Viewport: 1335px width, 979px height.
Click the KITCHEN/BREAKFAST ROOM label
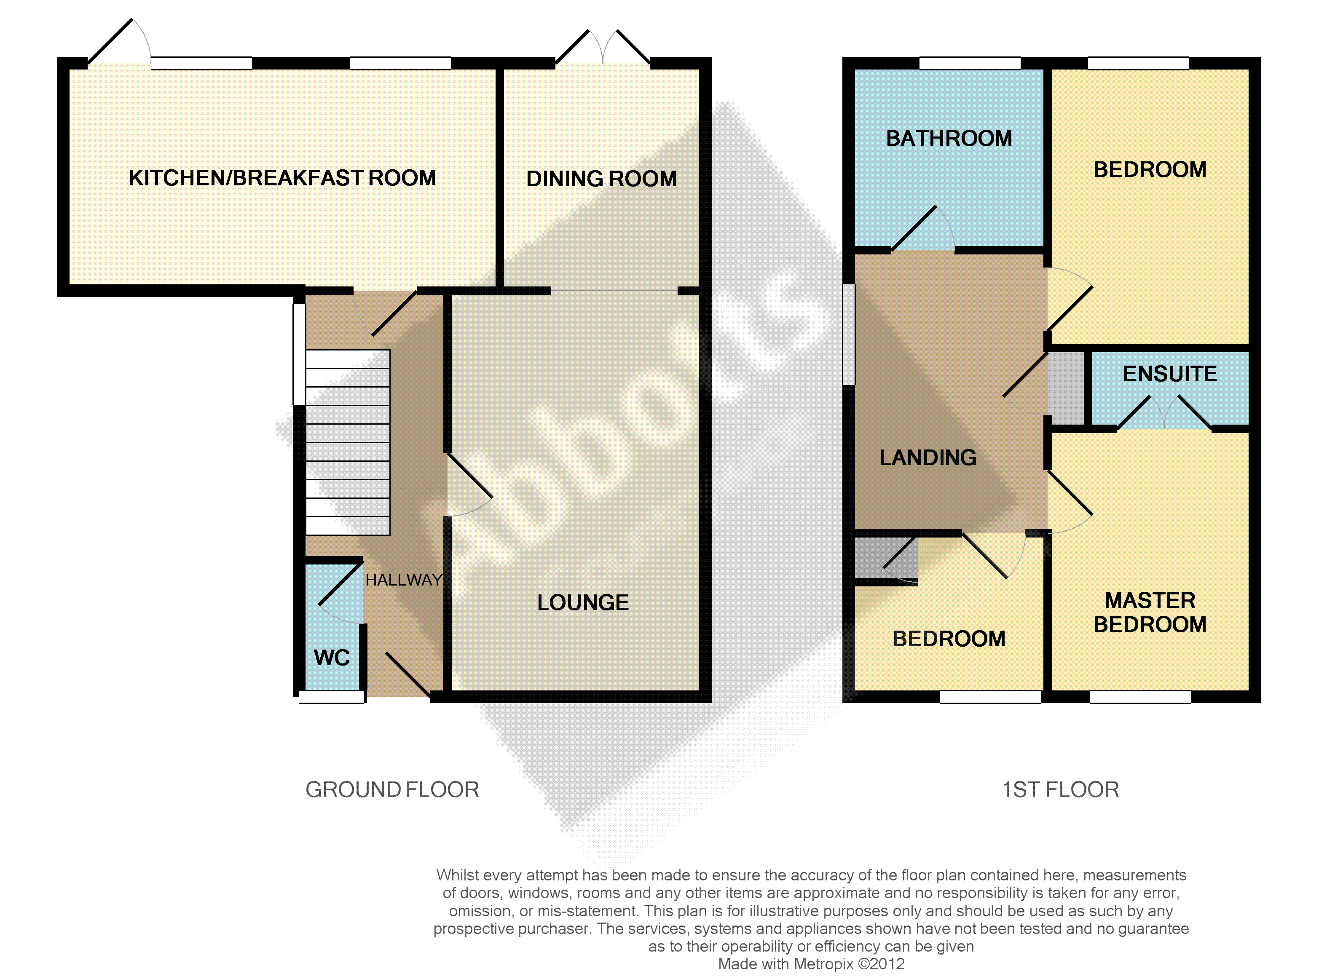282,178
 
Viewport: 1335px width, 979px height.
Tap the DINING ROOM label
601,178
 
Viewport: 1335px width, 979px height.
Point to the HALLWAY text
404,580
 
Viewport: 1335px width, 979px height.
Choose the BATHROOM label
949,138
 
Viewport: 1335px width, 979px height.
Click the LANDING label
928,457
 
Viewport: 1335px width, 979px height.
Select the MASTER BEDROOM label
1150,612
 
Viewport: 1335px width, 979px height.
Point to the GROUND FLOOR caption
392,789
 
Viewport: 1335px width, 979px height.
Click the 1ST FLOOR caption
1061,789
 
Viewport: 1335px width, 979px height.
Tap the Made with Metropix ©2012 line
811,963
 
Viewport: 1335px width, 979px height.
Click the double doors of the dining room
603,46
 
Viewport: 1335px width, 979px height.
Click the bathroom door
922,229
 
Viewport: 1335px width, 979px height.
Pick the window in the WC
331,697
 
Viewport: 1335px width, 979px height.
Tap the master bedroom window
1140,697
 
